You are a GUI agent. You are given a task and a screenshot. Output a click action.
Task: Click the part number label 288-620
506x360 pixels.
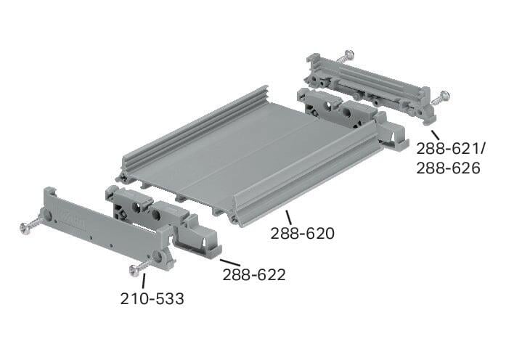(303, 234)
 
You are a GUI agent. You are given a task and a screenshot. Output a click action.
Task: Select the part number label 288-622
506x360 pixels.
(254, 275)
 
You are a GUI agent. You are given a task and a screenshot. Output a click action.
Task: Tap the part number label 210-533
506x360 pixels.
(152, 299)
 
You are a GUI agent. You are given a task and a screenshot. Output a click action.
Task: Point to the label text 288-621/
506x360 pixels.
(451, 149)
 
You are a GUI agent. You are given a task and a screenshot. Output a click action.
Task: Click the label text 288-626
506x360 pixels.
(448, 168)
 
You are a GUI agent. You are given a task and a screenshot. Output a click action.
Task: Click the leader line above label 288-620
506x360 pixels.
(288, 218)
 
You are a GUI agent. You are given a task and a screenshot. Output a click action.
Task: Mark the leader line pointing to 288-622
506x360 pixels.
(230, 263)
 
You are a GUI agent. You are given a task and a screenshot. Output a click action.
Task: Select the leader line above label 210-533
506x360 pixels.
(144, 281)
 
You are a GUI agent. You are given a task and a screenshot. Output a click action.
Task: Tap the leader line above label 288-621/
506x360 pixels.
(435, 134)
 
